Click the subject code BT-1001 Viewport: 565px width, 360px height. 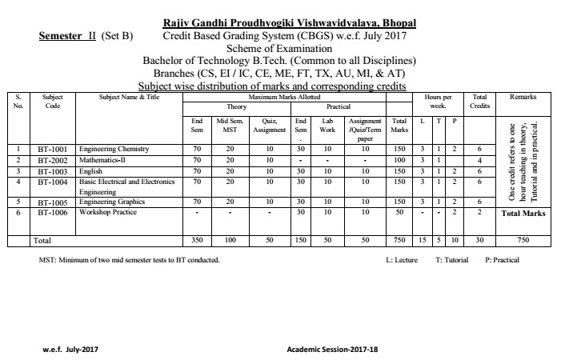52,149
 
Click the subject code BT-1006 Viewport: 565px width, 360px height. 52,212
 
